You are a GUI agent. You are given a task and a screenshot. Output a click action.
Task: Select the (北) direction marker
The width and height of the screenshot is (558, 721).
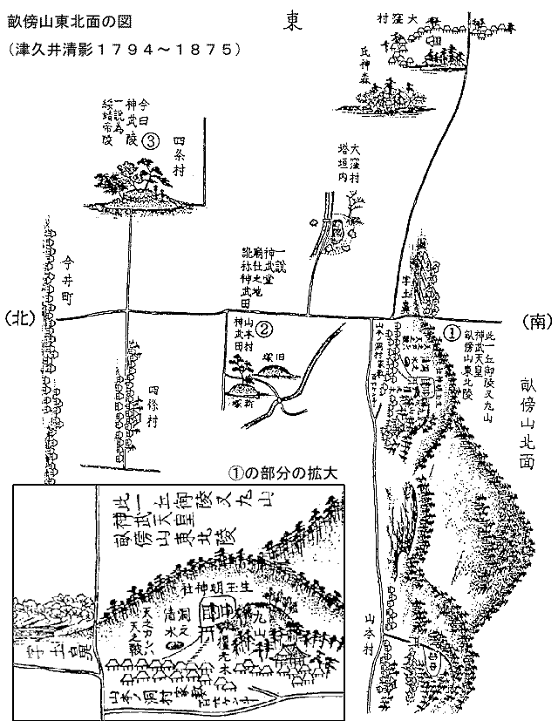click(x=22, y=319)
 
